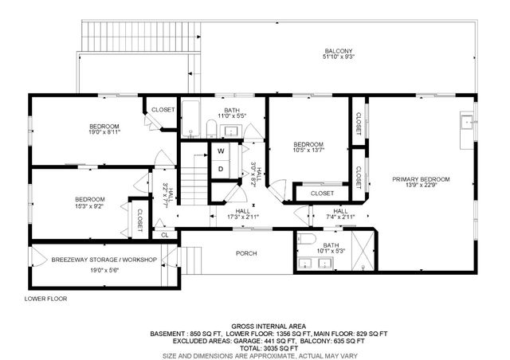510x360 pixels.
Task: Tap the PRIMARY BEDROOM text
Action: (x=421, y=179)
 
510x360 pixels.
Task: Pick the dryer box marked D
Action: (x=220, y=169)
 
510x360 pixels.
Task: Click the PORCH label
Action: (x=246, y=254)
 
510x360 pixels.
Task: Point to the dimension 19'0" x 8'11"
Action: (x=104, y=134)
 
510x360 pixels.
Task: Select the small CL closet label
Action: (x=164, y=235)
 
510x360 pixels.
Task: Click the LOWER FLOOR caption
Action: (x=45, y=299)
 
